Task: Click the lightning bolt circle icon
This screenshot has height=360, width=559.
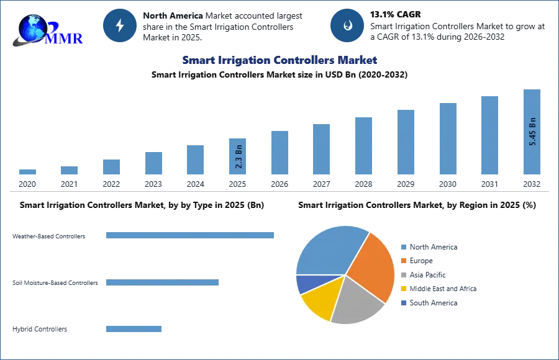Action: (120, 25)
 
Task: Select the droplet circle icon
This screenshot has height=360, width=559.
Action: (347, 25)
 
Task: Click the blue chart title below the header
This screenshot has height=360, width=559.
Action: (278, 60)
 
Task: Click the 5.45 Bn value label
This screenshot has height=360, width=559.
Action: (532, 131)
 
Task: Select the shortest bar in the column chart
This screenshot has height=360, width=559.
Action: (27, 173)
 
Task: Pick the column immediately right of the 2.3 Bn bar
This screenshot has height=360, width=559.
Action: (278, 153)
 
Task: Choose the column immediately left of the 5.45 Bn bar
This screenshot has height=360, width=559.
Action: (489, 136)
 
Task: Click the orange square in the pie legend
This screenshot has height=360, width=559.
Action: (402, 261)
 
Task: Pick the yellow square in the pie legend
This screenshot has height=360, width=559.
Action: (402, 289)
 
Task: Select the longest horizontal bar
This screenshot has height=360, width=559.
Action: (191, 234)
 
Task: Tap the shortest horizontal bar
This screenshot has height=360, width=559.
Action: (134, 328)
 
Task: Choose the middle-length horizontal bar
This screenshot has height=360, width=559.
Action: (161, 283)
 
